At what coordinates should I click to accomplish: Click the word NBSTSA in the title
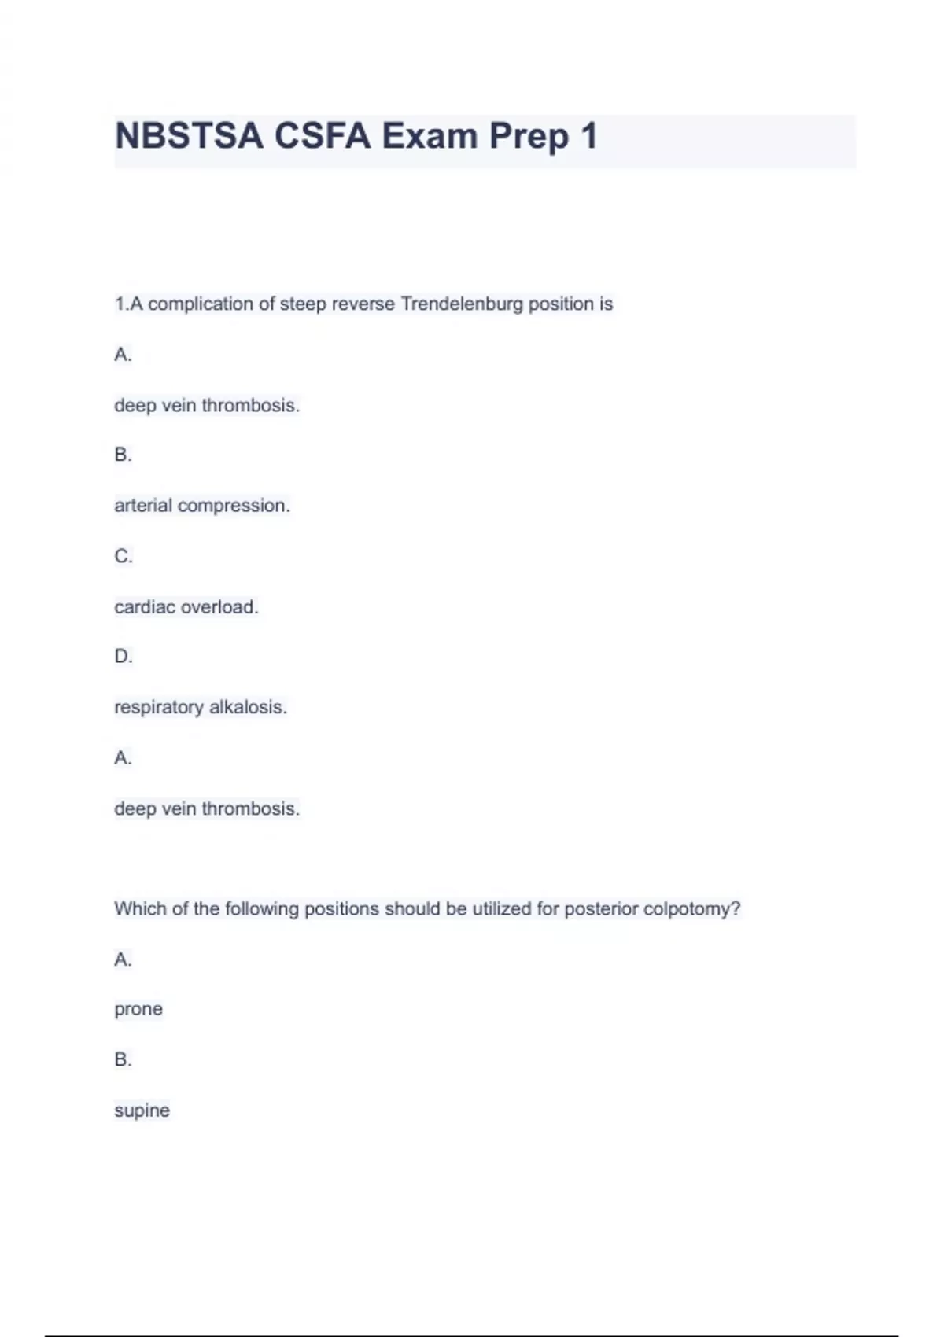[189, 136]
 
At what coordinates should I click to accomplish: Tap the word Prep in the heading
[529, 137]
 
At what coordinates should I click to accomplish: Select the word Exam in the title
[430, 136]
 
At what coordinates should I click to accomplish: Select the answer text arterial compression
[202, 506]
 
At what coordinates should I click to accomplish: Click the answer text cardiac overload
[186, 607]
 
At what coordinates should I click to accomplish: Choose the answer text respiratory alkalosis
[201, 707]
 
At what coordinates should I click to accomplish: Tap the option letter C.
[123, 556]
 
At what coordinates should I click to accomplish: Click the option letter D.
[123, 656]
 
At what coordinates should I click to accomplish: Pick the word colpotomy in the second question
[691, 909]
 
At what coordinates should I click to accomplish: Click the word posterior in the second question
[601, 909]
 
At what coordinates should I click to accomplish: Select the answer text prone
[138, 1009]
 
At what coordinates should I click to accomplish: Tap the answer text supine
[142, 1110]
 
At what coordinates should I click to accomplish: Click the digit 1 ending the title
[588, 136]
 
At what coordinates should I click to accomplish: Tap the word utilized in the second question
[501, 909]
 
